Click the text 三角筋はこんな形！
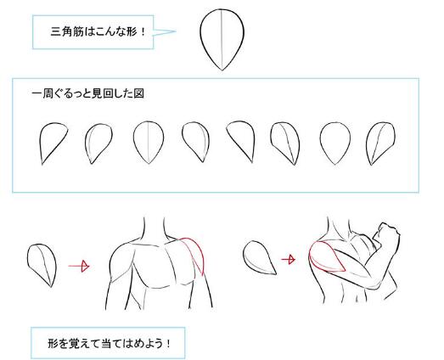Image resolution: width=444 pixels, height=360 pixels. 98,31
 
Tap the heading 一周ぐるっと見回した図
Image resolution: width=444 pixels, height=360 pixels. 87,93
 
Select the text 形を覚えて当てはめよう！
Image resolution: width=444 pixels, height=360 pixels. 110,344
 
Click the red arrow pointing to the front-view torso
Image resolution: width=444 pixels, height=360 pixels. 79,266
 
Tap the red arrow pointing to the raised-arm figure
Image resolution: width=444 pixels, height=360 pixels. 288,259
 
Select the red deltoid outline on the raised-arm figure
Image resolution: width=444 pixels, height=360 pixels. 327,256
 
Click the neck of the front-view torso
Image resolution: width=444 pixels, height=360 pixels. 155,228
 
